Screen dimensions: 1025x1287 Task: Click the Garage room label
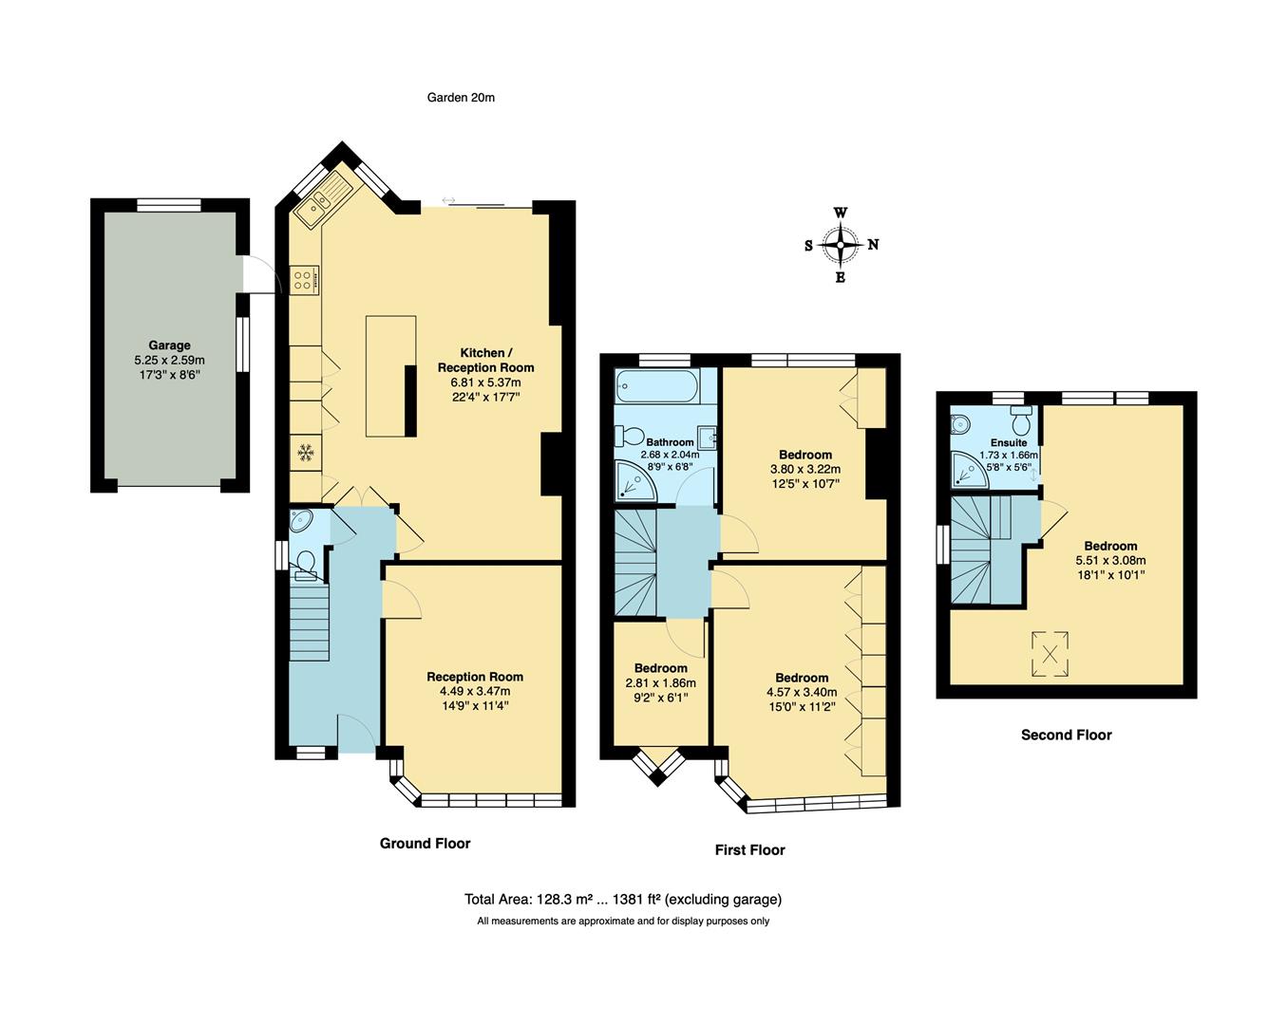pyautogui.click(x=169, y=345)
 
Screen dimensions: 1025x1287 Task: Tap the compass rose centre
pyautogui.click(x=841, y=245)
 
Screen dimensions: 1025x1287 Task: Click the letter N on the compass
pyautogui.click(x=873, y=245)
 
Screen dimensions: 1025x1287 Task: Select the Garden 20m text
pyautogui.click(x=461, y=98)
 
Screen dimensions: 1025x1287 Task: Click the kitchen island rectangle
pyautogui.click(x=390, y=376)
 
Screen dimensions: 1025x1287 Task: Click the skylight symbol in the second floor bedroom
pyautogui.click(x=1050, y=654)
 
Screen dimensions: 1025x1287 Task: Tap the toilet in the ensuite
pyautogui.click(x=1022, y=418)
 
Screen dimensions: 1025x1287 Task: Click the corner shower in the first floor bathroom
pyautogui.click(x=631, y=481)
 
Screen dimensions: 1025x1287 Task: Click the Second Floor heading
pyautogui.click(x=1066, y=735)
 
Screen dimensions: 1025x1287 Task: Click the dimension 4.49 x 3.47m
pyautogui.click(x=475, y=691)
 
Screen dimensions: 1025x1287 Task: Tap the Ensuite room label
pyautogui.click(x=1008, y=442)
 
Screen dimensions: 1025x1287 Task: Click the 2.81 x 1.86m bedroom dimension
pyautogui.click(x=660, y=683)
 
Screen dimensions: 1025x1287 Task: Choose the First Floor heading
pyautogui.click(x=749, y=849)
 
